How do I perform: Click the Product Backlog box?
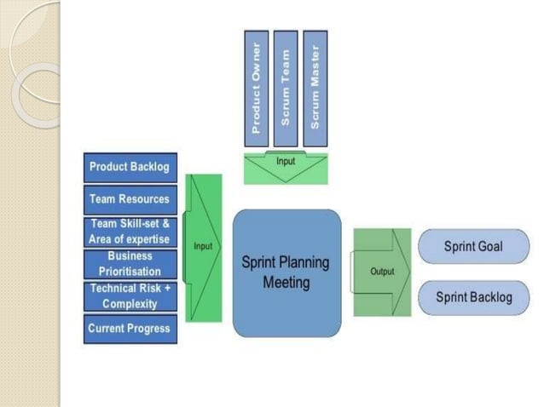pyautogui.click(x=130, y=167)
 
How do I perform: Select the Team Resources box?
pyautogui.click(x=130, y=199)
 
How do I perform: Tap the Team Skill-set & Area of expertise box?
pyautogui.click(x=130, y=231)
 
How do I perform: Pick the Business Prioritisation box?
pyautogui.click(x=130, y=263)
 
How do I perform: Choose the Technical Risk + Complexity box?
pyautogui.click(x=130, y=295)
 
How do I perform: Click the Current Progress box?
pyautogui.click(x=130, y=329)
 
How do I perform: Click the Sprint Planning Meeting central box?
pyautogui.click(x=286, y=272)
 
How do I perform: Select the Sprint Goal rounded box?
pyautogui.click(x=472, y=247)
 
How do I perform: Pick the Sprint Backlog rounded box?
pyautogui.click(x=472, y=297)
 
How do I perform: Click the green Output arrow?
pyautogui.click(x=381, y=272)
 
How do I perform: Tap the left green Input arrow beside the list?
pyautogui.click(x=203, y=247)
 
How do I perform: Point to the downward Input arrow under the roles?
pyautogui.click(x=286, y=168)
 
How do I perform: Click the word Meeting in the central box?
pyautogui.click(x=286, y=283)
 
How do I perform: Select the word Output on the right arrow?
pyautogui.click(x=382, y=272)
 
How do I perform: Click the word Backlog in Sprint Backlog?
pyautogui.click(x=491, y=297)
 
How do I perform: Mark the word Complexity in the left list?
pyautogui.click(x=130, y=304)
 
